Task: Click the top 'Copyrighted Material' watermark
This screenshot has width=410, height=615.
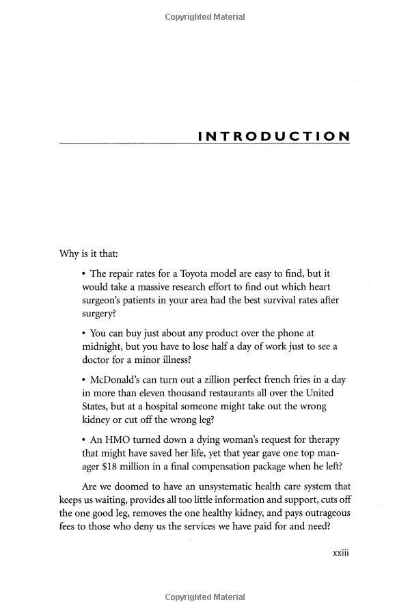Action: coord(204,17)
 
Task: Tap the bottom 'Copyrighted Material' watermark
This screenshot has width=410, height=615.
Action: coord(204,597)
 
